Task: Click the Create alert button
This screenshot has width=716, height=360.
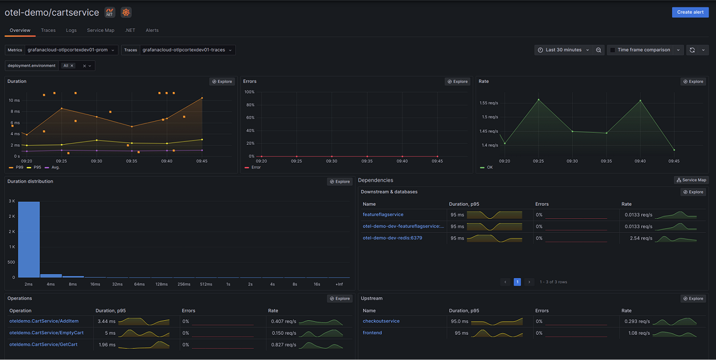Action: point(690,12)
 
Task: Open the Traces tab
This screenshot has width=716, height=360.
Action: point(48,30)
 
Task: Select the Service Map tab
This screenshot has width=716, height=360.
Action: point(100,30)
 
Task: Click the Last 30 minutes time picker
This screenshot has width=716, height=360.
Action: point(563,50)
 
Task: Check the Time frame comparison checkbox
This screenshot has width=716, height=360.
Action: point(613,50)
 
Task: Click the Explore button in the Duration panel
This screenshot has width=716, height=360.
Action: point(222,82)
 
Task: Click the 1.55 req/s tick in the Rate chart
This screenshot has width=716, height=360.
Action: point(489,103)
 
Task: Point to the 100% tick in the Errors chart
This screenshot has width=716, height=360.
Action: point(249,92)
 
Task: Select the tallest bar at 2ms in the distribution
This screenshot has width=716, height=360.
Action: point(29,239)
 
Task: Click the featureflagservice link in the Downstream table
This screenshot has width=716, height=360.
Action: point(383,215)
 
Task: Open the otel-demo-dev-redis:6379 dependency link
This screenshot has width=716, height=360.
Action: point(392,238)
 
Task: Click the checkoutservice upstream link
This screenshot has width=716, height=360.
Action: point(381,321)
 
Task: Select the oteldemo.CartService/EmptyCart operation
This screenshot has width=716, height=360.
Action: point(46,333)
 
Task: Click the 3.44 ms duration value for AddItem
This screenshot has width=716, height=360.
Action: point(106,321)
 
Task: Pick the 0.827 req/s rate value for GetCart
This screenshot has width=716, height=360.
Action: point(283,345)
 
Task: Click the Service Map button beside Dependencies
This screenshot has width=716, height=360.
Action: point(691,180)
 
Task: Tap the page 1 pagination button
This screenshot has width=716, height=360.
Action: point(517,282)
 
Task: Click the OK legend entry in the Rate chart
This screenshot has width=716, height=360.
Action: point(489,168)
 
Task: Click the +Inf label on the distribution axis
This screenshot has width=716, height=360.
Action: point(339,284)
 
